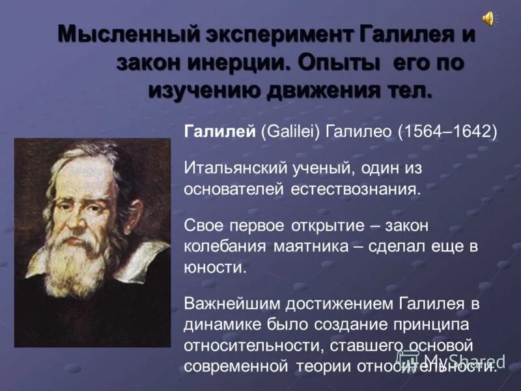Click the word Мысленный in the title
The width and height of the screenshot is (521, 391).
point(124,35)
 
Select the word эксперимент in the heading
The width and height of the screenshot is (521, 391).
point(276,35)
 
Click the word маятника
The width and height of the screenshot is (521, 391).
point(313,246)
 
